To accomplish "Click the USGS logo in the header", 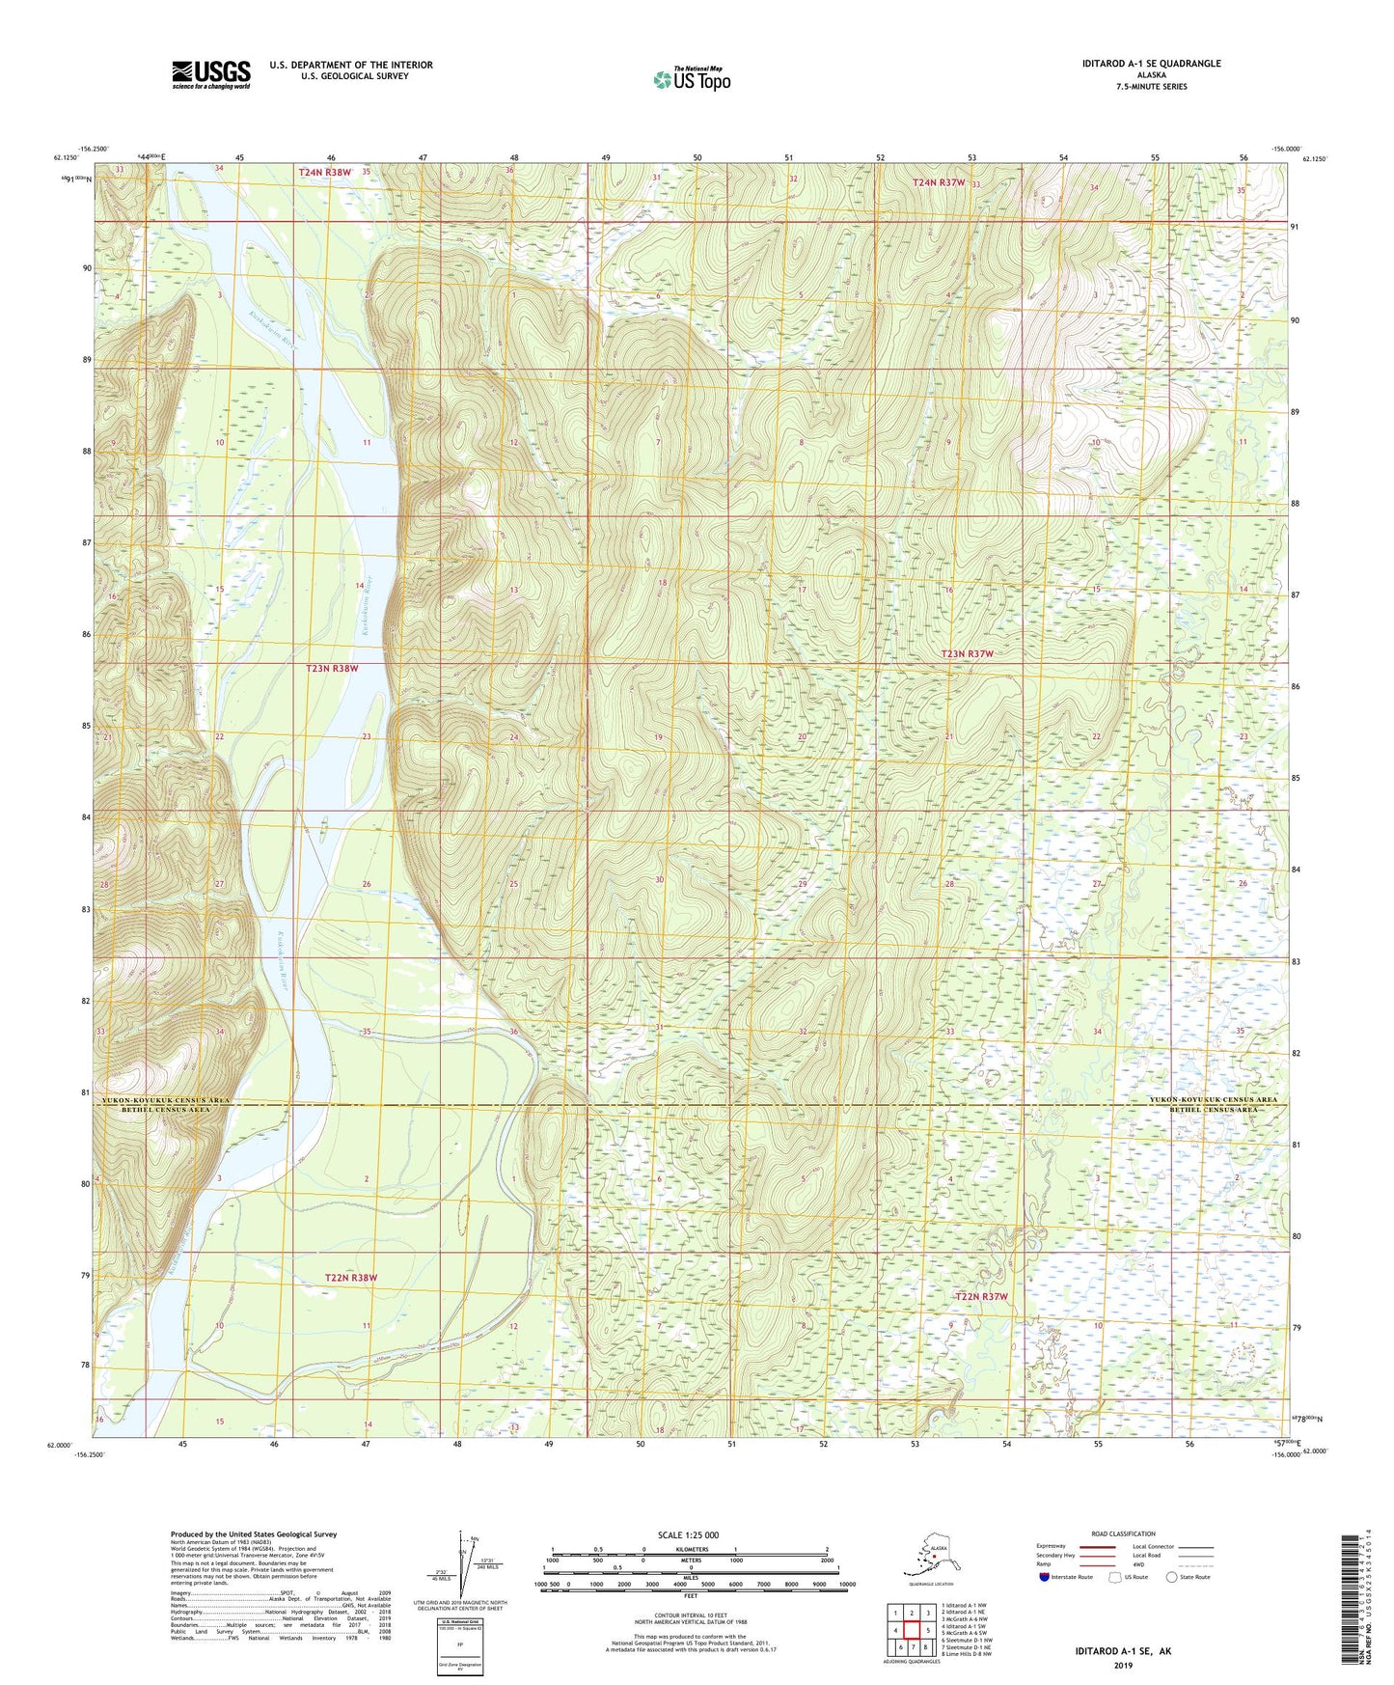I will tap(210, 74).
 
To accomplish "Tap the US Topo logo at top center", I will tap(691, 79).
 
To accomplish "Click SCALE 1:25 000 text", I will tap(690, 1535).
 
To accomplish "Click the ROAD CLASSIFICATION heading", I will tap(1124, 1533).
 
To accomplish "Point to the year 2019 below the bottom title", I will tap(1123, 1665).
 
